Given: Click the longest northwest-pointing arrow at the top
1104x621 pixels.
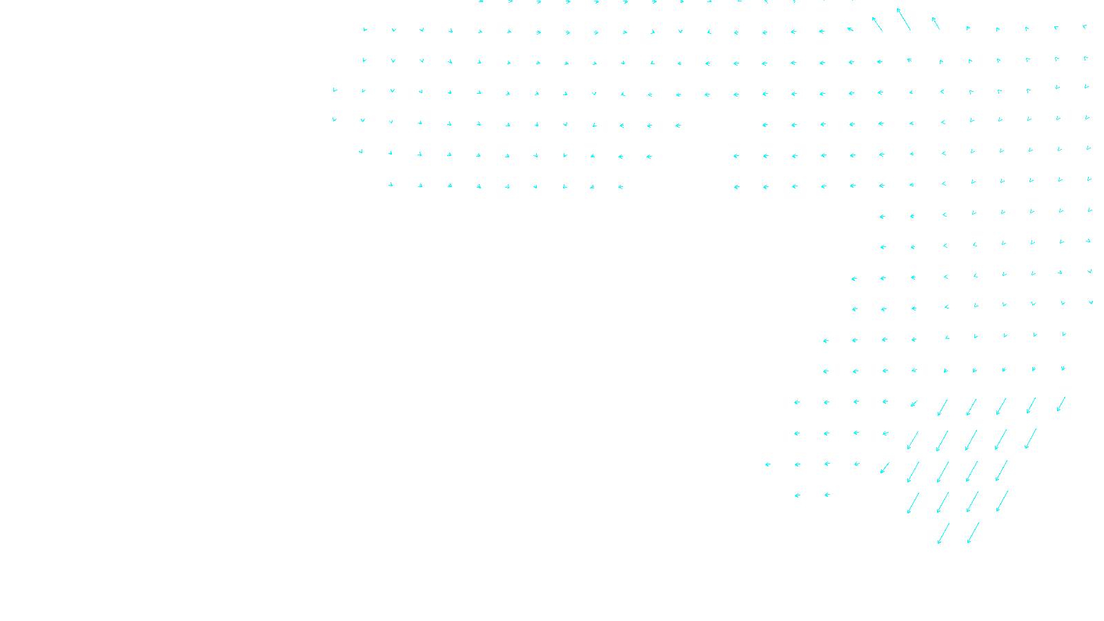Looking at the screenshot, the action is click(903, 19).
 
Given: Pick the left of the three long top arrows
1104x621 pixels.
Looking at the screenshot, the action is click(877, 23).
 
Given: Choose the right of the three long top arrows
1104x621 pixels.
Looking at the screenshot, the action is click(936, 23).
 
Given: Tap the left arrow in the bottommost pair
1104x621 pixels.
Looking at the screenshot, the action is click(943, 533).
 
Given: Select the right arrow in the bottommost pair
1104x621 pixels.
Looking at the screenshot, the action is click(973, 533).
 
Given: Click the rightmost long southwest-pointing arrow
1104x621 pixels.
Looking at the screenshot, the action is click(1061, 404).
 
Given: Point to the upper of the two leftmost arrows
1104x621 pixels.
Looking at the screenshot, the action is click(335, 90).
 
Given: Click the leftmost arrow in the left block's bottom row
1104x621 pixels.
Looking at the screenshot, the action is click(391, 185).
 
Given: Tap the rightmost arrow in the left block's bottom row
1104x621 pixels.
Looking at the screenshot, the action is click(621, 187).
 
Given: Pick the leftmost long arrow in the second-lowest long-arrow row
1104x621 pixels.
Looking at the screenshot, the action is click(913, 503).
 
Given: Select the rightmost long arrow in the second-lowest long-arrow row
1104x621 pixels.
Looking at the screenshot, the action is click(1002, 502).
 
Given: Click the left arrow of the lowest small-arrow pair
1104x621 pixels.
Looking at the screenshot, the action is click(797, 495).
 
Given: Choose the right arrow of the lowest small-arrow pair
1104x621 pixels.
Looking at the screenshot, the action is click(827, 495).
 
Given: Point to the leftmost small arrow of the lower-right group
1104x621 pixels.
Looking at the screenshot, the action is click(767, 464).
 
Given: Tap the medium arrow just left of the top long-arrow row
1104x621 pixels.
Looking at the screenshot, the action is click(914, 403).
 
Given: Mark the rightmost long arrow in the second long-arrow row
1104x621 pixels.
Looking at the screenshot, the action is click(1031, 439).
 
